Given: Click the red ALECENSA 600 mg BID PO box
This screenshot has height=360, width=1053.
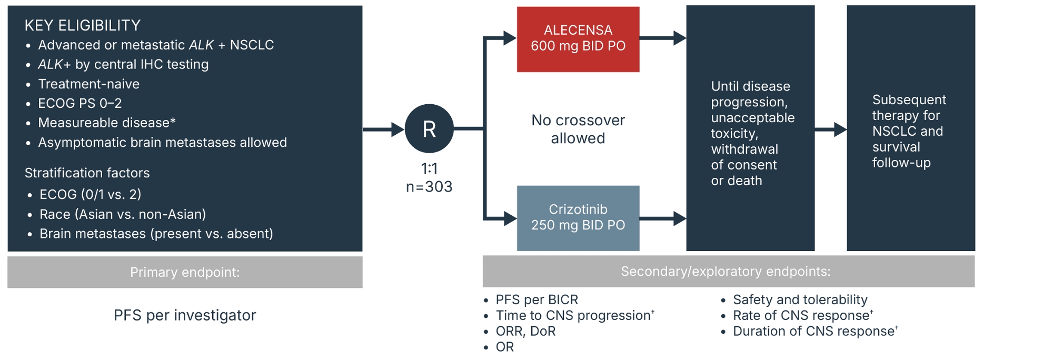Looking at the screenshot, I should click(578, 39).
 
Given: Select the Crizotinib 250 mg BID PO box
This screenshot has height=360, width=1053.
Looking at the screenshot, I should click(578, 217).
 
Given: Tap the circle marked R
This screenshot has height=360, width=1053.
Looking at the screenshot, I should click(429, 129).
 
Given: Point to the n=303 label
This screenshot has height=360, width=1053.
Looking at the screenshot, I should click(429, 187).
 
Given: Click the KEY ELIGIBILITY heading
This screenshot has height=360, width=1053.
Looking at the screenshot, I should click(83, 25).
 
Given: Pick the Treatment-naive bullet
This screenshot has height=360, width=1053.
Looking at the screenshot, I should click(88, 84).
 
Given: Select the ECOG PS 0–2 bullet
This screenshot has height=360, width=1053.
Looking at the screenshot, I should click(80, 103).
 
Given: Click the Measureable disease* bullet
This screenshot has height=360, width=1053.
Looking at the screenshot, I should click(107, 123).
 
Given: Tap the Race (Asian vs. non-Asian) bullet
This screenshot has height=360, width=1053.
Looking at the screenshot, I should click(123, 214).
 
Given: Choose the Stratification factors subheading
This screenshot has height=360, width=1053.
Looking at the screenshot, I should click(87, 173).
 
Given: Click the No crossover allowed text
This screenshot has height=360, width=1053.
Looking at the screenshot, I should click(578, 129).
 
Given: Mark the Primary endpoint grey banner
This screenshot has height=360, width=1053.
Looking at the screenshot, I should click(185, 272).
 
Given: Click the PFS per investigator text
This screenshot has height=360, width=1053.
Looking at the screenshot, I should click(185, 315).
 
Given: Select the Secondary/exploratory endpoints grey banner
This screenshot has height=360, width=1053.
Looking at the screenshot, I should click(728, 272).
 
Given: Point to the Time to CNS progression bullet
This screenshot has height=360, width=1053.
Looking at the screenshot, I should click(574, 315).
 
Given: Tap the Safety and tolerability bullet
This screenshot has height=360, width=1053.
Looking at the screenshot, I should click(800, 299).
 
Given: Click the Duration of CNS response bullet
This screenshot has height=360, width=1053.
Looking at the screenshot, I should click(814, 331).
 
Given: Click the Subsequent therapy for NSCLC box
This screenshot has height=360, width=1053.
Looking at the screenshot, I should click(910, 129).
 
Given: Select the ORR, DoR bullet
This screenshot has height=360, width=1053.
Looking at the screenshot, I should click(525, 331).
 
